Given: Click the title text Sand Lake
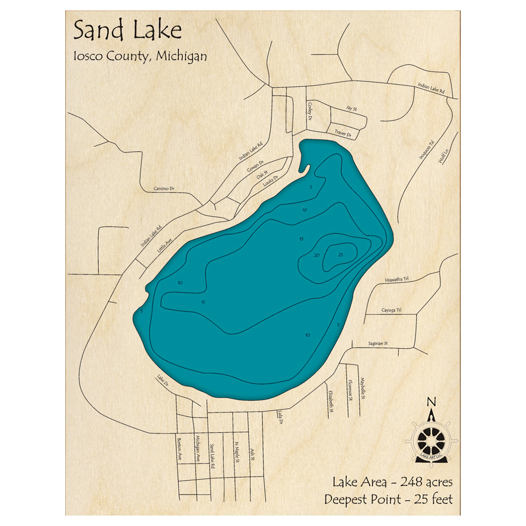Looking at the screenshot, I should pyautogui.click(x=127, y=31).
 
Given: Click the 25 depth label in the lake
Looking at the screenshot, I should pyautogui.click(x=340, y=255).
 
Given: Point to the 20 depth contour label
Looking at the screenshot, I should pyautogui.click(x=317, y=255).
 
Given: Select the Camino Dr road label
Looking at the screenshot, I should pyautogui.click(x=164, y=188).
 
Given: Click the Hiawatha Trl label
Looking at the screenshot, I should pyautogui.click(x=397, y=280).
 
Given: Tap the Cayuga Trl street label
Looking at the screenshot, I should pyautogui.click(x=391, y=310).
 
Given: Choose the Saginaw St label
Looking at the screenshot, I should pyautogui.click(x=377, y=343).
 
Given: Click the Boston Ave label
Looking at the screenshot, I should pyautogui.click(x=179, y=449).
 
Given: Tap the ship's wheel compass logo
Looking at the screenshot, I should pyautogui.click(x=431, y=439).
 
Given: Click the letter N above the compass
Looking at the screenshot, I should pyautogui.click(x=431, y=402).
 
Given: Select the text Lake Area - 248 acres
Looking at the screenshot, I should pyautogui.click(x=392, y=482).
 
